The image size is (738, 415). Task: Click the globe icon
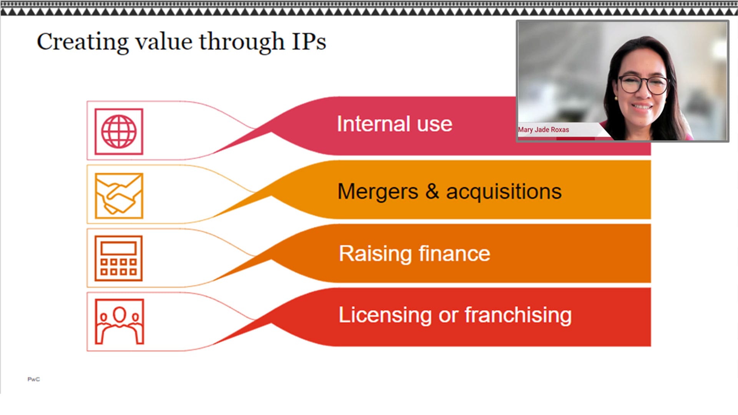[119, 132]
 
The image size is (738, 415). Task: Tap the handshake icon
[119, 196]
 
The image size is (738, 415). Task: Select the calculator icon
[119, 258]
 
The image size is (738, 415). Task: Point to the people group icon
[119, 322]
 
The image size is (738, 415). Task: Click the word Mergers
[377, 191]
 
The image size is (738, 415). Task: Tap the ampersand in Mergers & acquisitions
[432, 191]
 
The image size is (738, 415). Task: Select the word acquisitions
[504, 191]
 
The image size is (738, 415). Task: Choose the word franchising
[518, 315]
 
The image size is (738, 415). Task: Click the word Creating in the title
[83, 41]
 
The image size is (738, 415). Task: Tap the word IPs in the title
[309, 41]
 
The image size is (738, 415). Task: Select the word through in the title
[241, 41]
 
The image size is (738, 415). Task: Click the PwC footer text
[33, 379]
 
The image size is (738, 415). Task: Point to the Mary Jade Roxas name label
[543, 130]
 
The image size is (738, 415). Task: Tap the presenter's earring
[616, 98]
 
